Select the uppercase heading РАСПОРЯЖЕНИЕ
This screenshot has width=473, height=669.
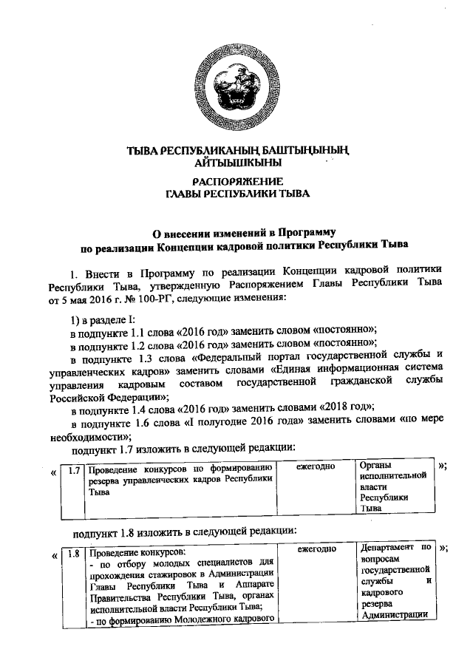coord(236,181)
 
